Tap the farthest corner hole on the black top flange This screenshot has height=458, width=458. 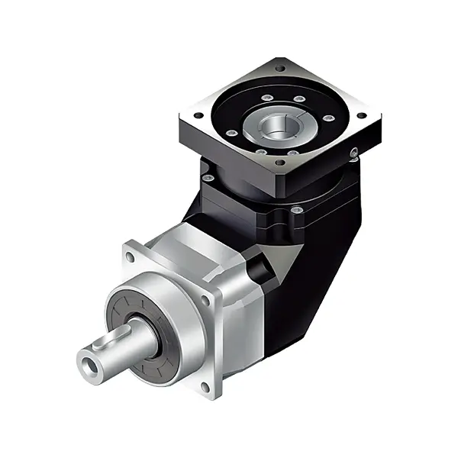(281, 69)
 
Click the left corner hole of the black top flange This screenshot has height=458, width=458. (199, 116)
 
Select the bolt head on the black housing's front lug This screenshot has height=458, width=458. (297, 209)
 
